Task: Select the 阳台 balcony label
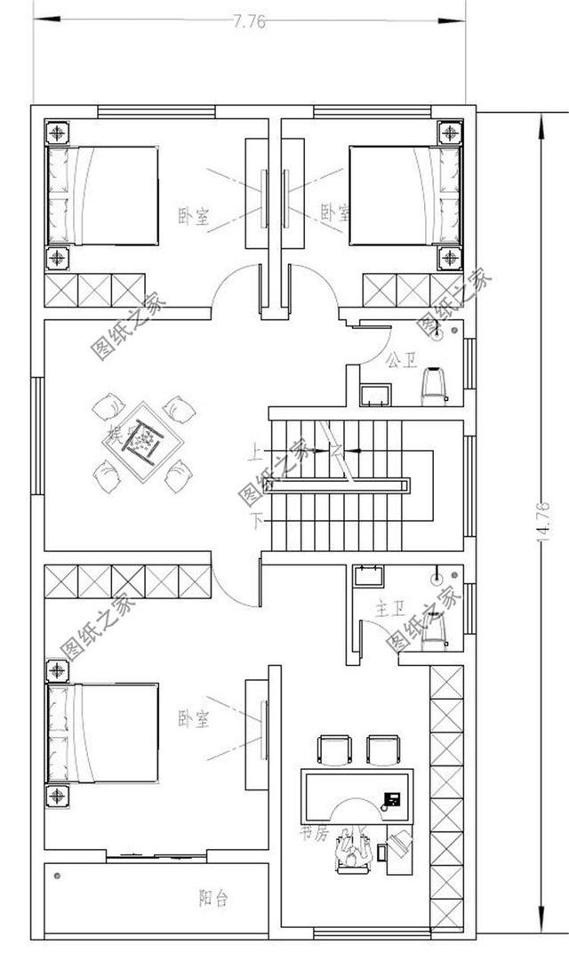click(213, 899)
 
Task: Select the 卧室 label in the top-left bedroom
click(193, 216)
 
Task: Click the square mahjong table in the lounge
click(143, 441)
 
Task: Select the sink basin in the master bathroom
click(366, 576)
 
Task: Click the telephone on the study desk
click(390, 798)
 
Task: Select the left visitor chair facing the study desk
click(334, 750)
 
